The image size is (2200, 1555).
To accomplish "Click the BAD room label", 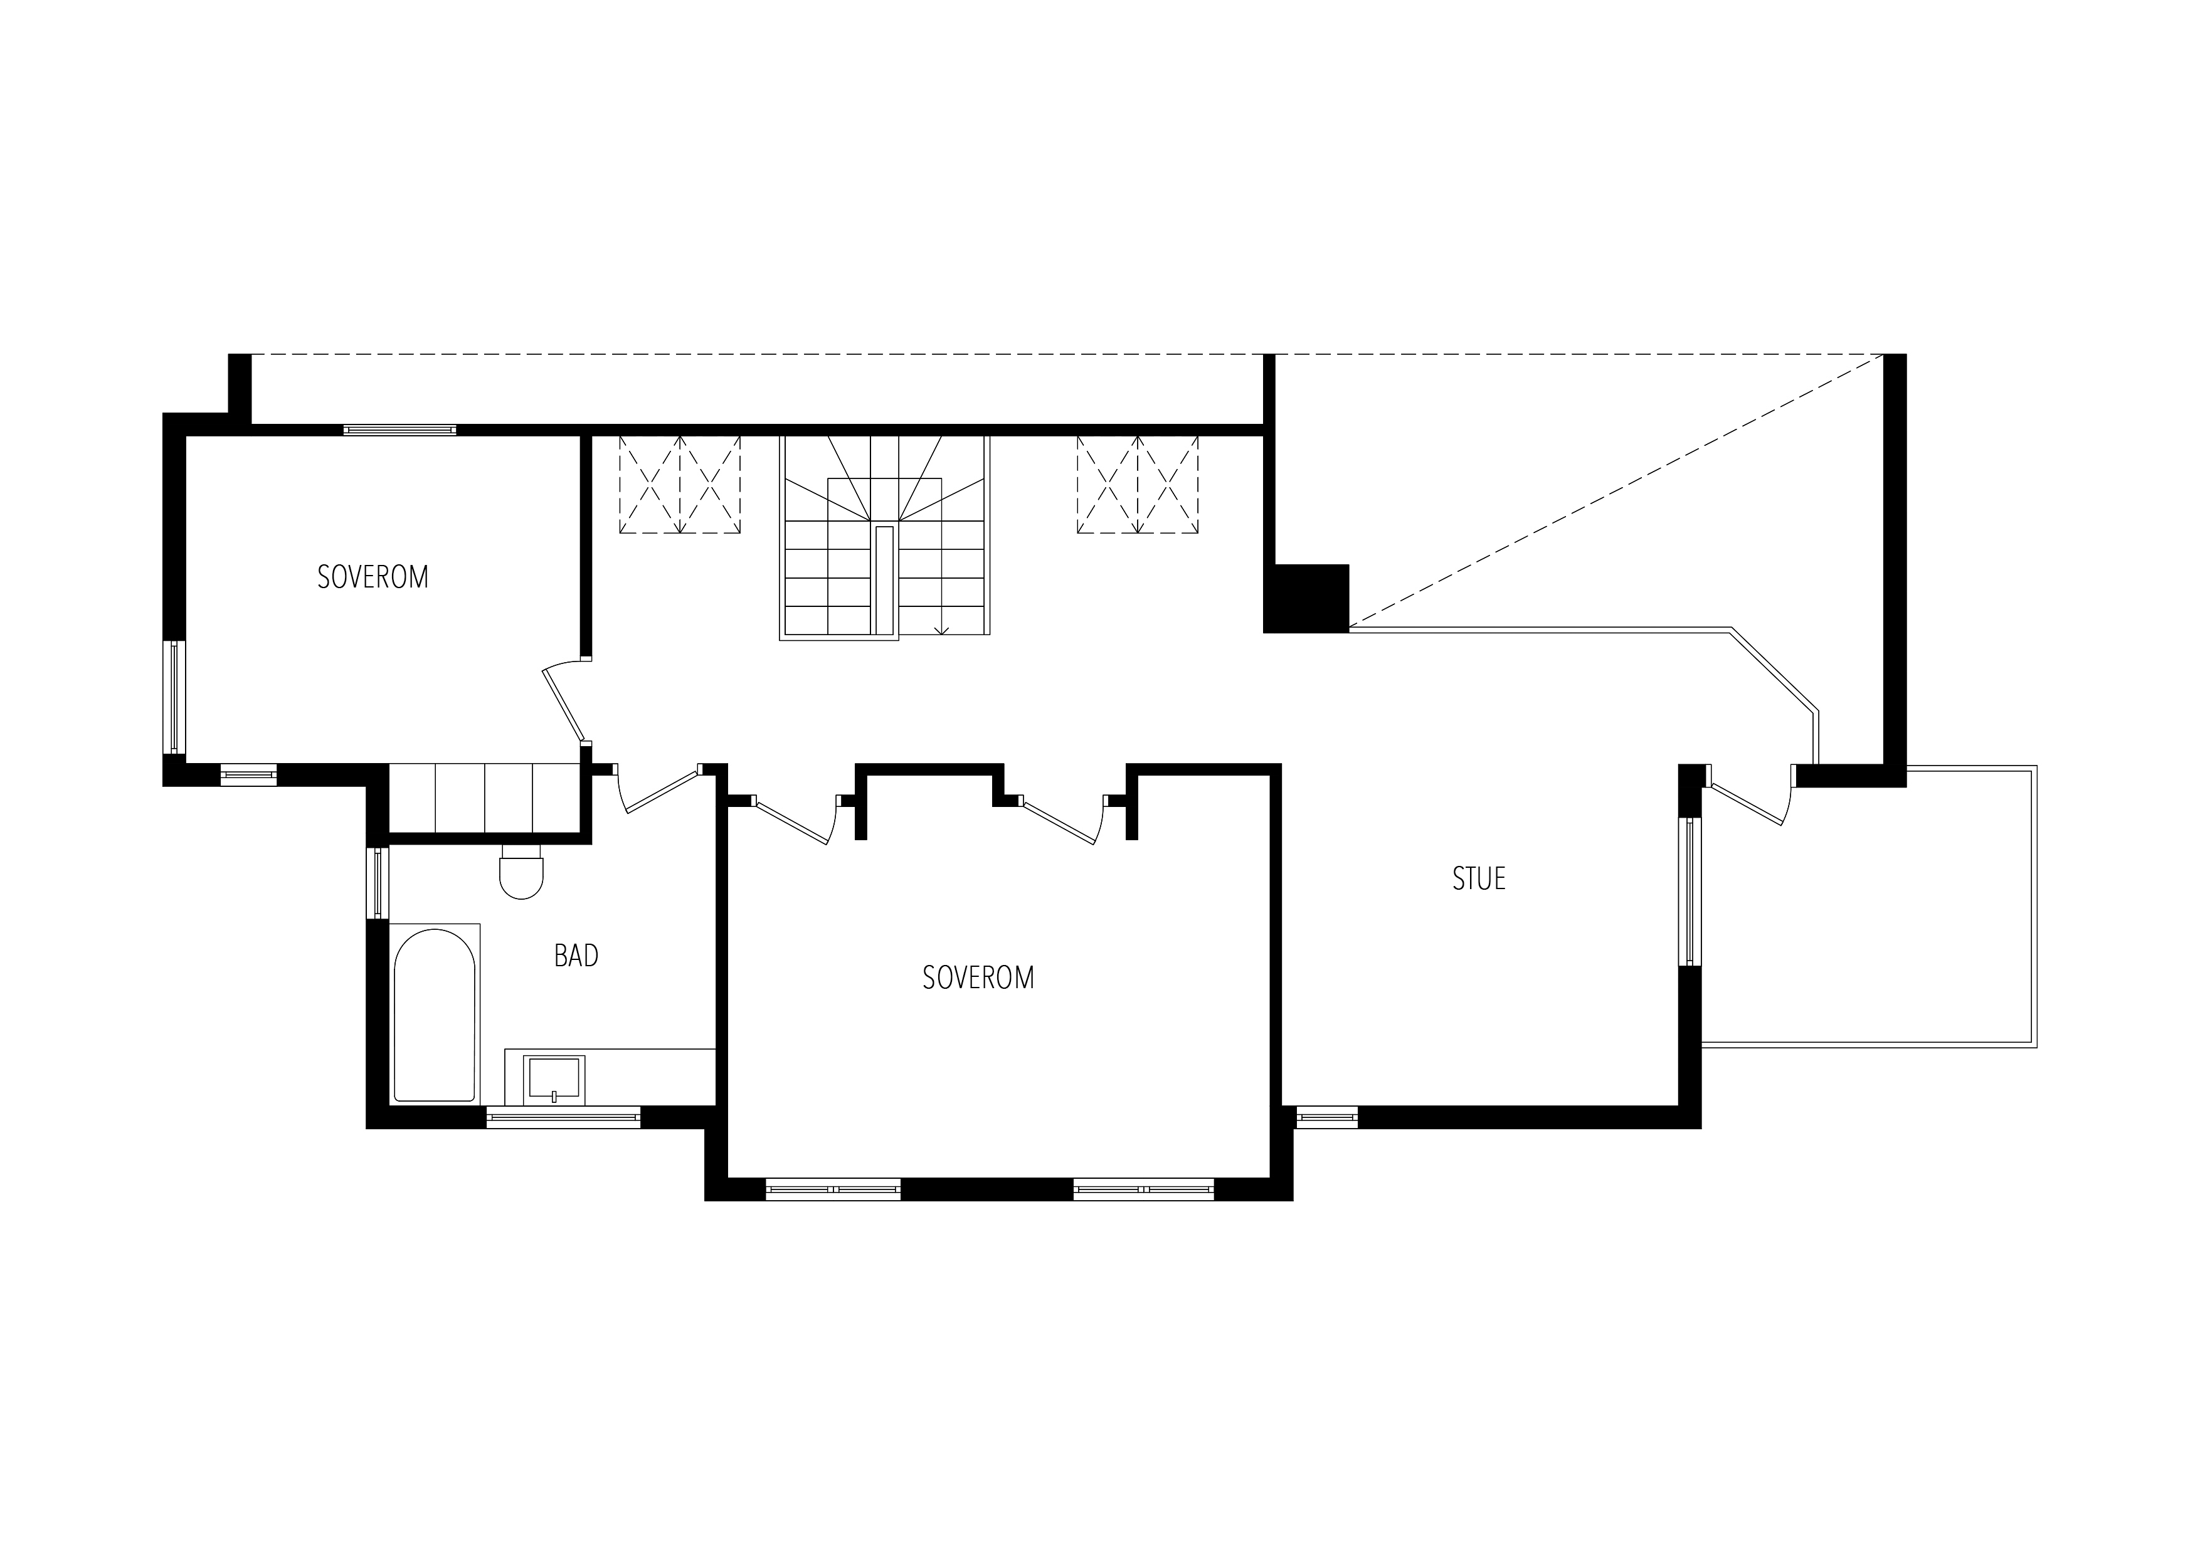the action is tap(576, 955).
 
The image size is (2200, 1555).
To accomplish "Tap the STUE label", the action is tap(1479, 878).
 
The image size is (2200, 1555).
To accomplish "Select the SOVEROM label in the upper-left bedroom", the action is tap(373, 577).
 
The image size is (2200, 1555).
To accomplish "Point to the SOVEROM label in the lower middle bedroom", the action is tap(978, 978).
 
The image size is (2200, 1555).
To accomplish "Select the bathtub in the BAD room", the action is tap(434, 1015).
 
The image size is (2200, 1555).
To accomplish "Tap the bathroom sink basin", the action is tap(554, 1078).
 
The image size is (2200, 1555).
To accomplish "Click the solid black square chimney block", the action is tap(1306, 599).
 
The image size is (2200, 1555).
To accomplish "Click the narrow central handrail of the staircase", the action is tap(884, 579).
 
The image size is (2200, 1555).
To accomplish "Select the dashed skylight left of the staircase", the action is tap(679, 484).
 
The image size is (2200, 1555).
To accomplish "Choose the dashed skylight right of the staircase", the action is tap(1138, 484).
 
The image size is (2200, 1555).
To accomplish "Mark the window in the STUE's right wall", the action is tap(1690, 891).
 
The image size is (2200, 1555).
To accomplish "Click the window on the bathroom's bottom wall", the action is tap(563, 1117).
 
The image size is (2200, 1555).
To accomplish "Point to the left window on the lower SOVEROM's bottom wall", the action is tap(833, 1189).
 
